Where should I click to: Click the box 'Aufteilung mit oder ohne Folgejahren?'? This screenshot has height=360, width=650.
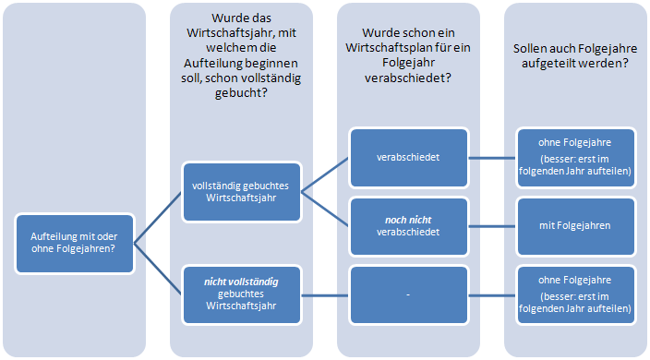pos(75,244)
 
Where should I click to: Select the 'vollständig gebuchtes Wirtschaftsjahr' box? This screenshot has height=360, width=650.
pos(242,192)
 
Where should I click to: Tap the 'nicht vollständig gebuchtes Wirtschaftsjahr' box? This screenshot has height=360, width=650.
pos(242,294)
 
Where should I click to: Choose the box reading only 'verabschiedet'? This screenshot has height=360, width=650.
pos(409,158)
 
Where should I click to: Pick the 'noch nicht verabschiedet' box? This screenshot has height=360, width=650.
pos(409,226)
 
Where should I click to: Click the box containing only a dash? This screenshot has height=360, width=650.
pos(409,294)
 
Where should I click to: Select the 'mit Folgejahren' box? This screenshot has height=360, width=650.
pos(575,226)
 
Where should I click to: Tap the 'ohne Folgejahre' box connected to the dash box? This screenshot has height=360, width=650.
pos(575,294)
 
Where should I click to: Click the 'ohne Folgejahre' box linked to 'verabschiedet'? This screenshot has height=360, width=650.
pos(575,158)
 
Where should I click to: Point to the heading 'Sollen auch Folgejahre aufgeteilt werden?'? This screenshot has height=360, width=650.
pos(575,56)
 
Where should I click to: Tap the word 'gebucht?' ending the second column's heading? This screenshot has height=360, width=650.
pos(241,93)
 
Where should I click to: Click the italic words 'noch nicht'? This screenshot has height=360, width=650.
pos(408,220)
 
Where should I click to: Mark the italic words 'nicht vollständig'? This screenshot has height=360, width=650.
pos(241,282)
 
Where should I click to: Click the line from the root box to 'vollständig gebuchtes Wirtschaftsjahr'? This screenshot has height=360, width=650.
pos(158,218)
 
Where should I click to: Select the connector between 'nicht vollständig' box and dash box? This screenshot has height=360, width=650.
pos(325,295)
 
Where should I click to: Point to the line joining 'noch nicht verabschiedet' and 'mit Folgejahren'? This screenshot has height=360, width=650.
pos(492,226)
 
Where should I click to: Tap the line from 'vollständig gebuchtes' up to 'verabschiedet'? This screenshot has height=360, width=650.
pos(325,174)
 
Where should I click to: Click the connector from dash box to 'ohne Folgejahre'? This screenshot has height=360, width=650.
pos(492,295)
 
